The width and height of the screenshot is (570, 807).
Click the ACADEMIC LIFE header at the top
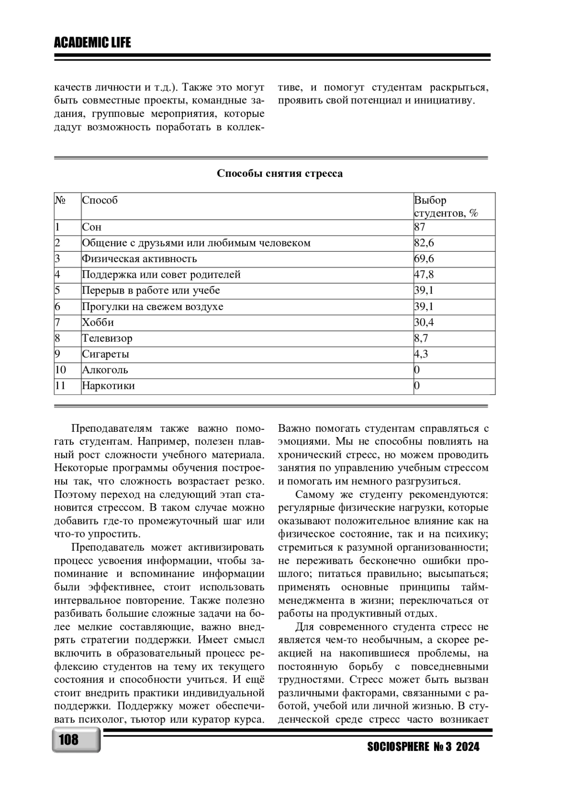click(x=92, y=43)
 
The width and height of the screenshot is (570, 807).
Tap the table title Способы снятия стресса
click(x=280, y=174)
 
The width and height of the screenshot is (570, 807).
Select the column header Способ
click(x=100, y=200)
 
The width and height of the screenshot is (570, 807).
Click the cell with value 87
click(x=420, y=227)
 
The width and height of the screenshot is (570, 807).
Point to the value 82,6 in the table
click(x=424, y=243)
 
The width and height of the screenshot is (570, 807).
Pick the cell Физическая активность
click(x=139, y=259)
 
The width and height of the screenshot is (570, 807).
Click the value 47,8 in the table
click(x=424, y=275)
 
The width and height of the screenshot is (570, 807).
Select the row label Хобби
click(x=98, y=322)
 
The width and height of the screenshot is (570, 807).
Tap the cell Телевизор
click(x=107, y=339)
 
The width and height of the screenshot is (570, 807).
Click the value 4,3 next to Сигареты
click(x=421, y=354)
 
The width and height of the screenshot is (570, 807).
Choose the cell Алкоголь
click(x=105, y=370)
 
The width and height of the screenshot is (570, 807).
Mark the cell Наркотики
click(x=108, y=386)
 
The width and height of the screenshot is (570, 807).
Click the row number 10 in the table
click(x=60, y=370)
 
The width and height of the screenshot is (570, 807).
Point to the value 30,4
click(x=424, y=322)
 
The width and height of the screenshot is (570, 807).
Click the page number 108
click(x=69, y=740)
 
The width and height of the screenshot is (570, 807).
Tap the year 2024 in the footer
click(x=468, y=747)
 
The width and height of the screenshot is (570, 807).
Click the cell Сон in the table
click(x=92, y=227)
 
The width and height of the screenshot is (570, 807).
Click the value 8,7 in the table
click(x=421, y=339)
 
